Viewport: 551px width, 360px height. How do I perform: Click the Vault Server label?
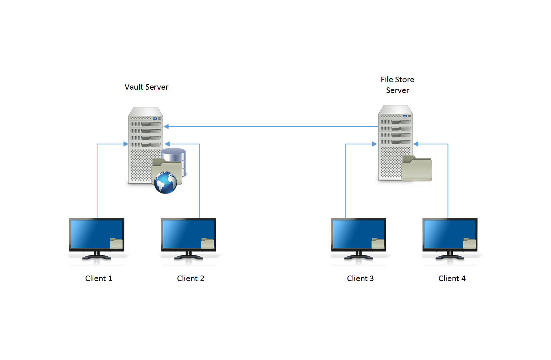coord(146,87)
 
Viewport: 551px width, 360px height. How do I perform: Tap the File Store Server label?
coord(397,85)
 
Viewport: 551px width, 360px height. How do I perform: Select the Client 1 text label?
coord(98,279)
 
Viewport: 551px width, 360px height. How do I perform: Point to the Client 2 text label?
coord(190,279)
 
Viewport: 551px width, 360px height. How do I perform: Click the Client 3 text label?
coord(360,279)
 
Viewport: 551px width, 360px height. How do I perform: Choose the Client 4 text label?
coord(452,279)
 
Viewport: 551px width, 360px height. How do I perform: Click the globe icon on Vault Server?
coord(166,183)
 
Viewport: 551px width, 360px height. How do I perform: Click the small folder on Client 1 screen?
coord(116,243)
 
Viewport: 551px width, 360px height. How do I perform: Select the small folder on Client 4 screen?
coord(470,243)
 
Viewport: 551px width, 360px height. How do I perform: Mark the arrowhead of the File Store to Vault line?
coord(166,127)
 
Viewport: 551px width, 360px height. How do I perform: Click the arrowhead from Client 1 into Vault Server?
coord(126,144)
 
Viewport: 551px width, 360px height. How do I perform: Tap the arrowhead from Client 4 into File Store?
coord(416,144)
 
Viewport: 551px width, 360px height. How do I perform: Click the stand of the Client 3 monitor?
coord(358,256)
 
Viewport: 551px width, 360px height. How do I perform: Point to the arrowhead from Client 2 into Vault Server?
coord(167,144)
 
